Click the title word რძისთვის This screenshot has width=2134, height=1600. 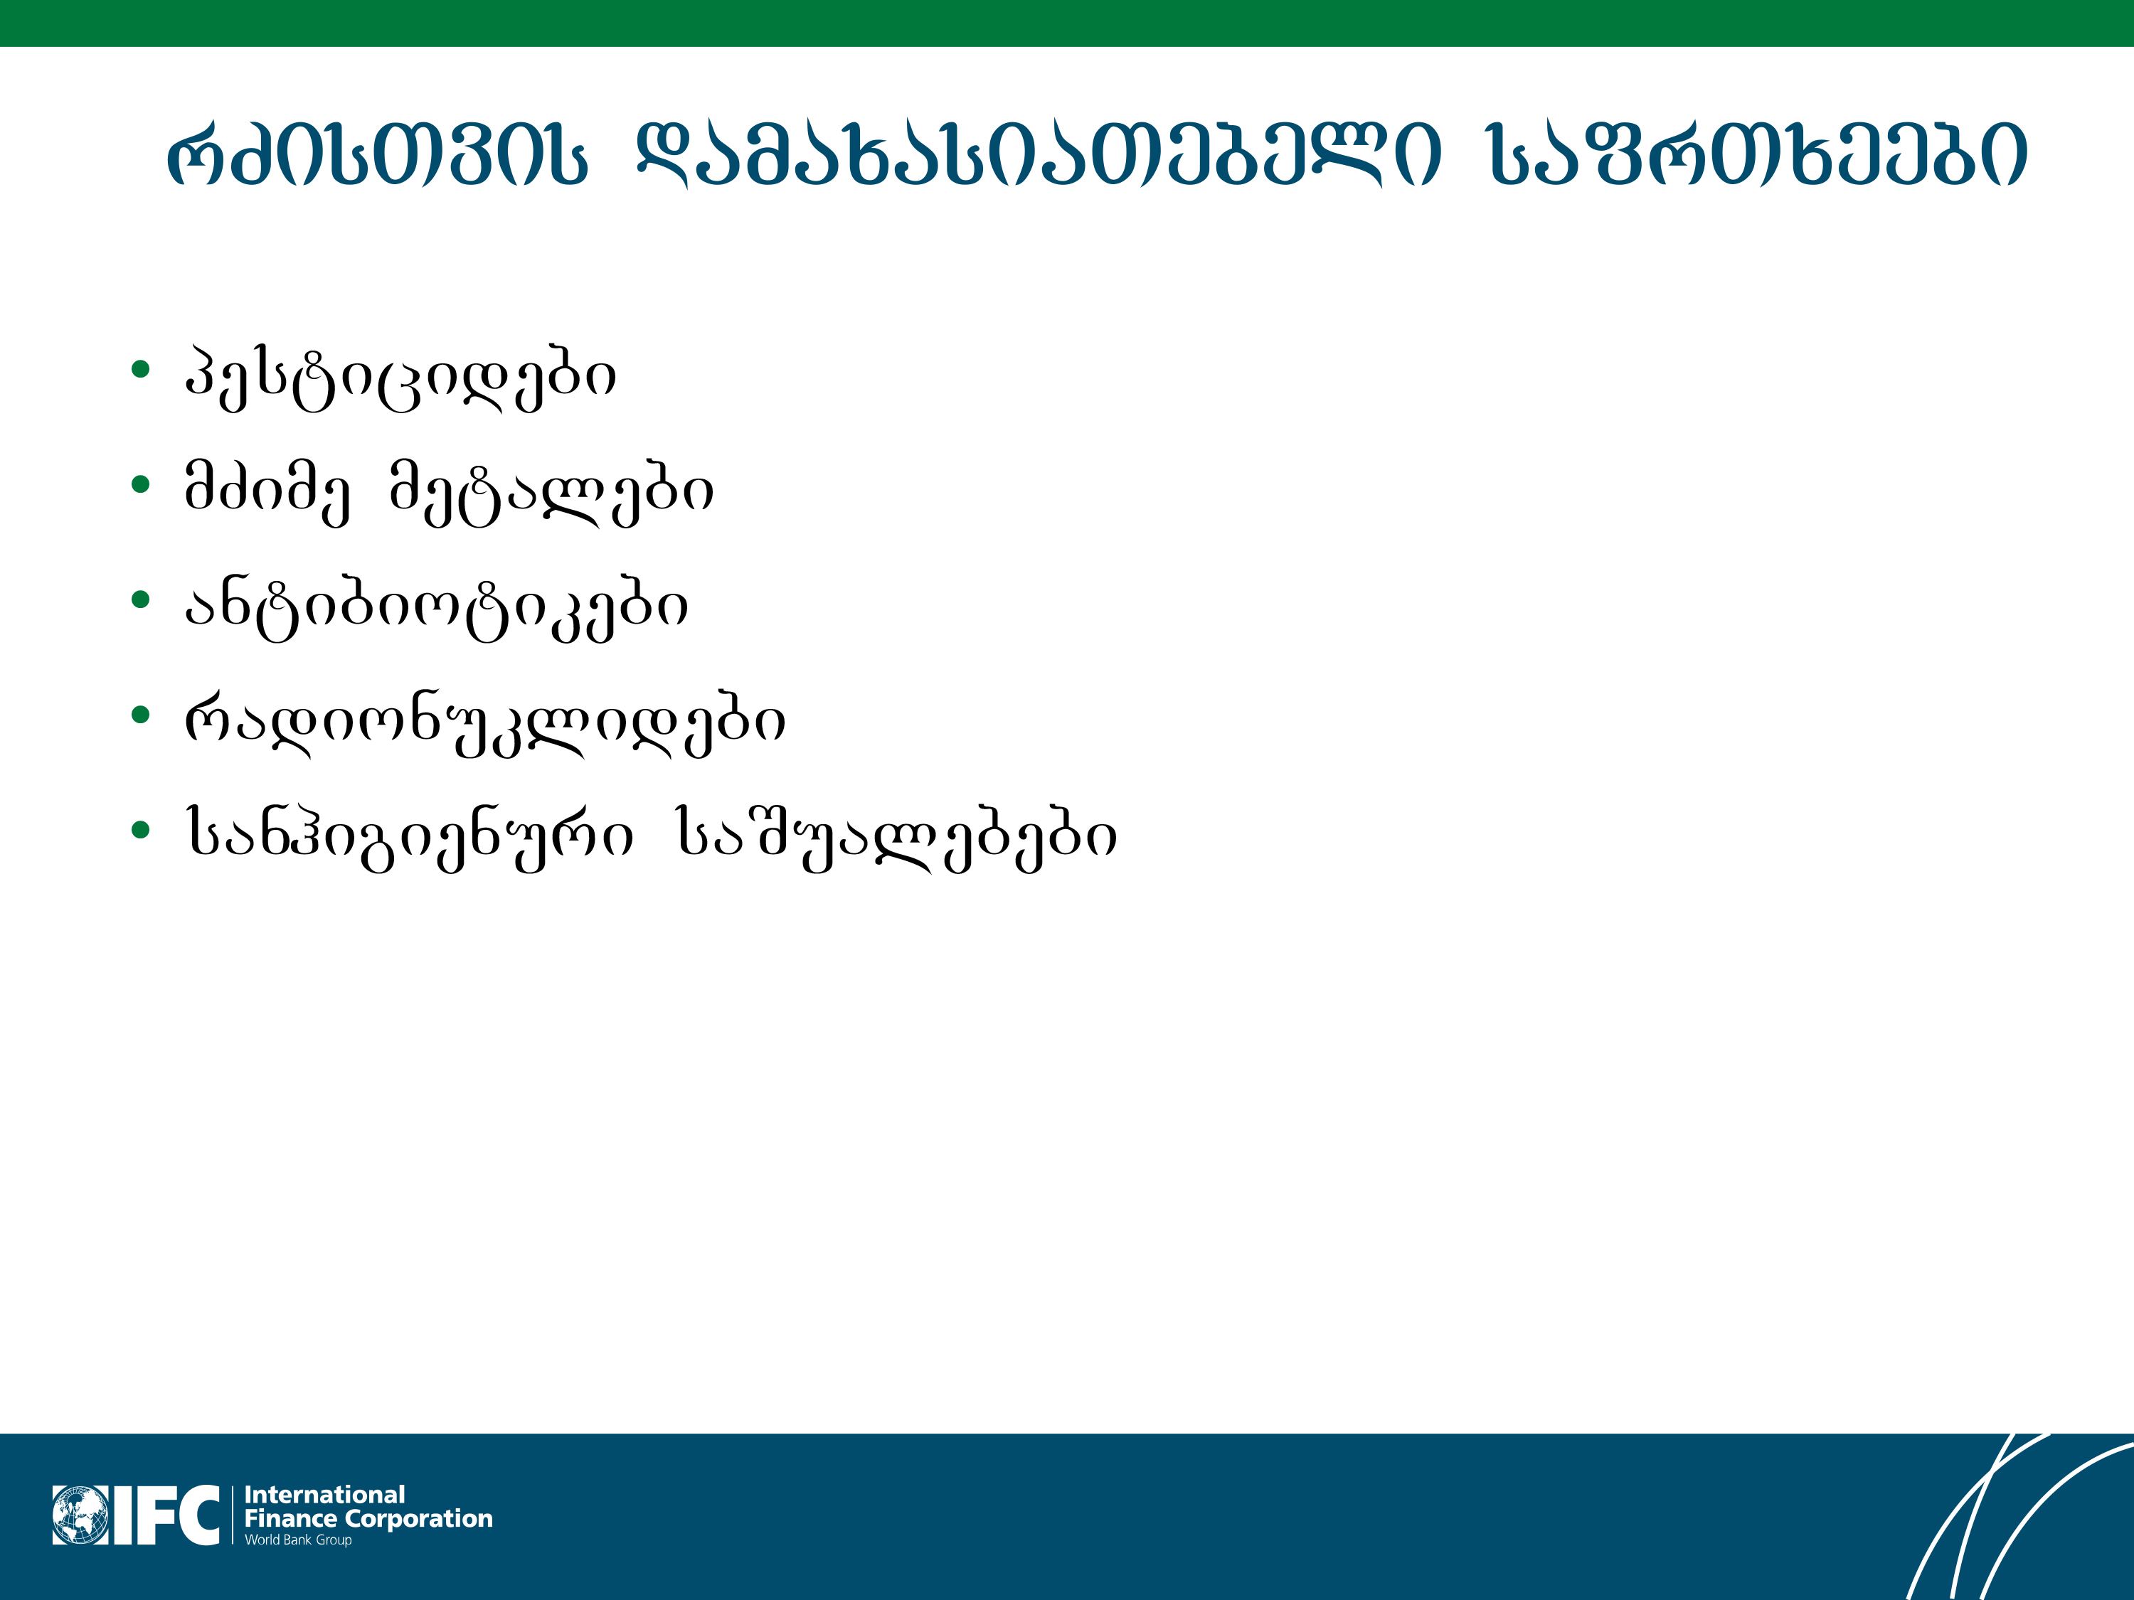(x=377, y=154)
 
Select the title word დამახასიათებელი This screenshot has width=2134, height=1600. (x=1039, y=154)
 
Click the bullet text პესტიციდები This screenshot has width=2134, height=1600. (x=400, y=377)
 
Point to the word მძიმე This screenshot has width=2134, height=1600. (x=267, y=493)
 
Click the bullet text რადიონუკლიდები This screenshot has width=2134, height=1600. (x=485, y=723)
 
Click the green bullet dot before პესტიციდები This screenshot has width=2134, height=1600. (x=141, y=368)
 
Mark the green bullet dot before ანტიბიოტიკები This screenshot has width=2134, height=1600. (x=141, y=600)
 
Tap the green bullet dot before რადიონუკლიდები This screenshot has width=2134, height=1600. (x=141, y=715)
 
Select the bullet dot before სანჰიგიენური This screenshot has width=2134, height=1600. (x=141, y=829)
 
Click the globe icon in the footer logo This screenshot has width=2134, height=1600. (x=81, y=1515)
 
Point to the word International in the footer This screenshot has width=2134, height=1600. (x=325, y=1495)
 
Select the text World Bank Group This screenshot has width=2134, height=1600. (x=298, y=1540)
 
